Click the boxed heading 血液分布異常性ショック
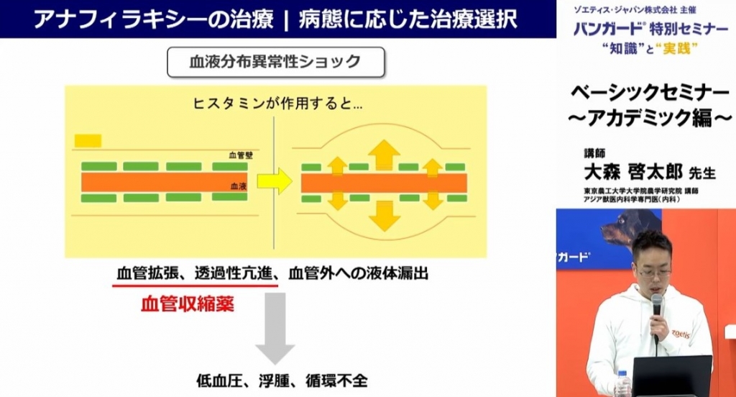[275, 62]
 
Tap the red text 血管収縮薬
[188, 304]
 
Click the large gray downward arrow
[275, 328]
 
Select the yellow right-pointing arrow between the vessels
[275, 181]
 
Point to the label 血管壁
[241, 155]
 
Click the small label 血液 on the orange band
[239, 186]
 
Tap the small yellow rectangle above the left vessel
[88, 140]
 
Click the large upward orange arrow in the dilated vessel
[384, 155]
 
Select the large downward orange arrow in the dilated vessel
[385, 216]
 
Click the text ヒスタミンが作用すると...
[272, 104]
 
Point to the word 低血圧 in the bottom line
[220, 380]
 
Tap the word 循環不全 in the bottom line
[336, 380]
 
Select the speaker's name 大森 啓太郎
[632, 173]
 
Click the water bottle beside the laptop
[623, 384]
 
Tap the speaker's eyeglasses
[653, 273]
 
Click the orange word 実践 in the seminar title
[676, 48]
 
